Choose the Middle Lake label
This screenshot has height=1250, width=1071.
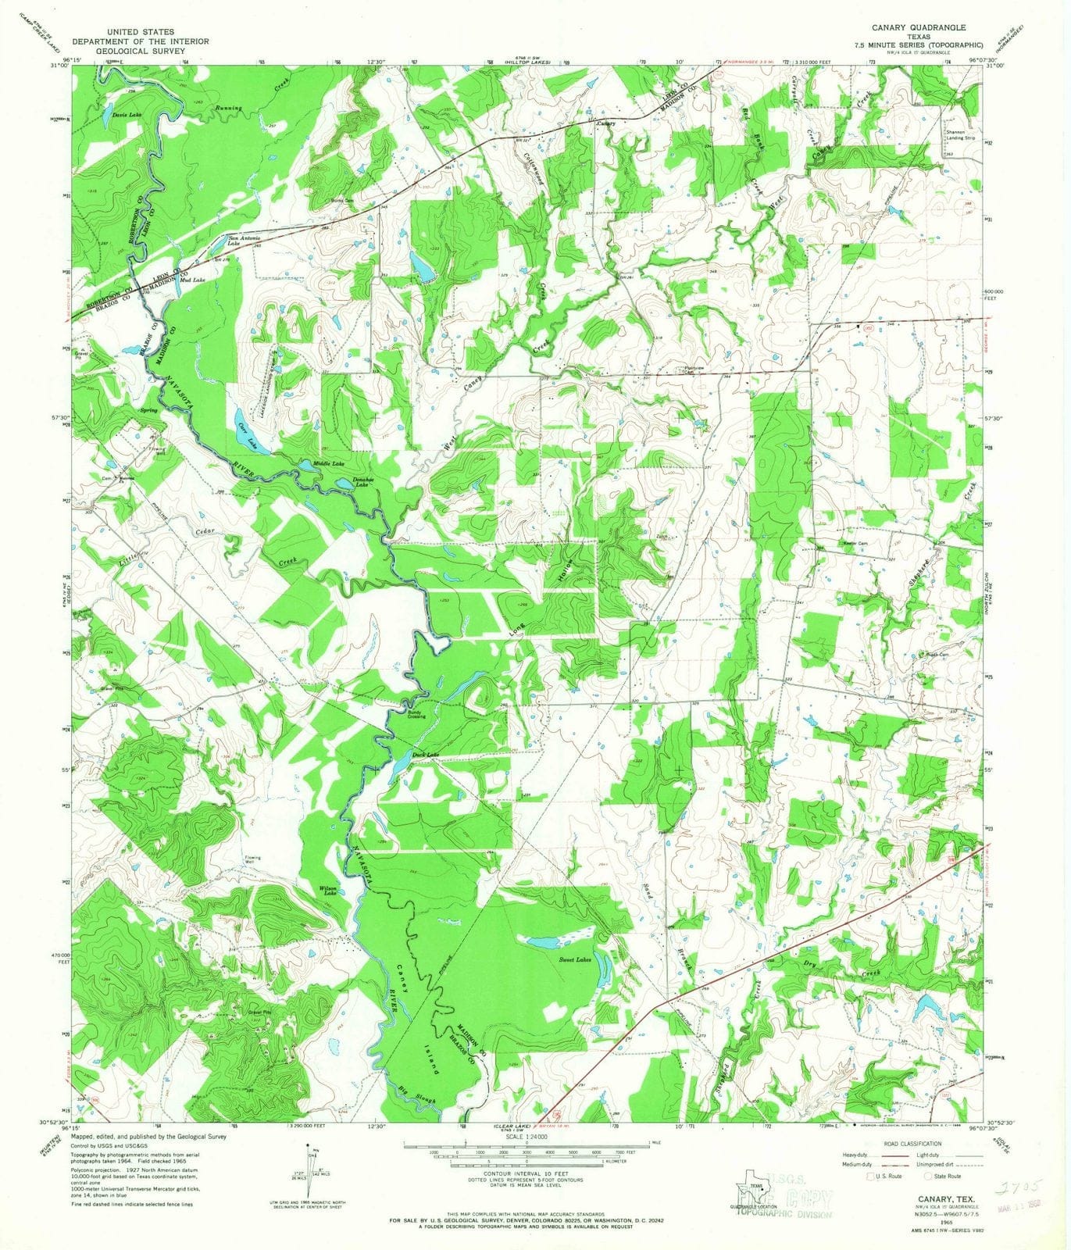(x=328, y=464)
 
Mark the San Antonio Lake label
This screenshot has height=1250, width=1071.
(x=244, y=240)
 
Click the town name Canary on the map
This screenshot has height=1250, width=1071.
(x=606, y=123)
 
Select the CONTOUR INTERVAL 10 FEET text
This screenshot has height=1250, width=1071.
(x=525, y=1174)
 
